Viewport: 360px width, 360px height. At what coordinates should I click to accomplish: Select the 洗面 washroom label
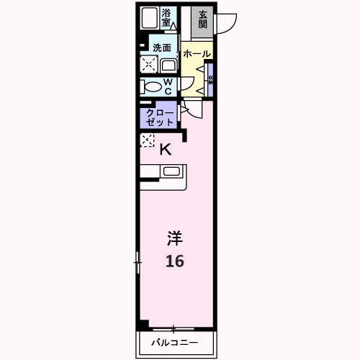pos(162,48)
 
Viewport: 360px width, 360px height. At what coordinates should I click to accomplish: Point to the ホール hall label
pos(196,54)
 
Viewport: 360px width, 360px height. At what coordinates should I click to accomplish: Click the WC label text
pos(167,86)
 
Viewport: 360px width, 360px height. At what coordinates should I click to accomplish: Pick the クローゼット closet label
pos(160,117)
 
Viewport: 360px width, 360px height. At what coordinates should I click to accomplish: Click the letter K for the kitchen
pos(165,150)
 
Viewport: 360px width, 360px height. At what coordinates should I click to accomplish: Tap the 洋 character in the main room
pos(175,237)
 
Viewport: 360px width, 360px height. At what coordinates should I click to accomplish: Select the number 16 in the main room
pos(175,261)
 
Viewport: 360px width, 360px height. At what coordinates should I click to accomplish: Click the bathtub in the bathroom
pos(150,17)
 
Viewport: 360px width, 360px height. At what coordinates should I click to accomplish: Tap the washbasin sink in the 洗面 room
pos(167,66)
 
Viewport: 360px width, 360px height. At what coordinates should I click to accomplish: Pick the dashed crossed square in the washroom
pos(149,66)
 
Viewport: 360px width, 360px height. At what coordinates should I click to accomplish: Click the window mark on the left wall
pos(137,262)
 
